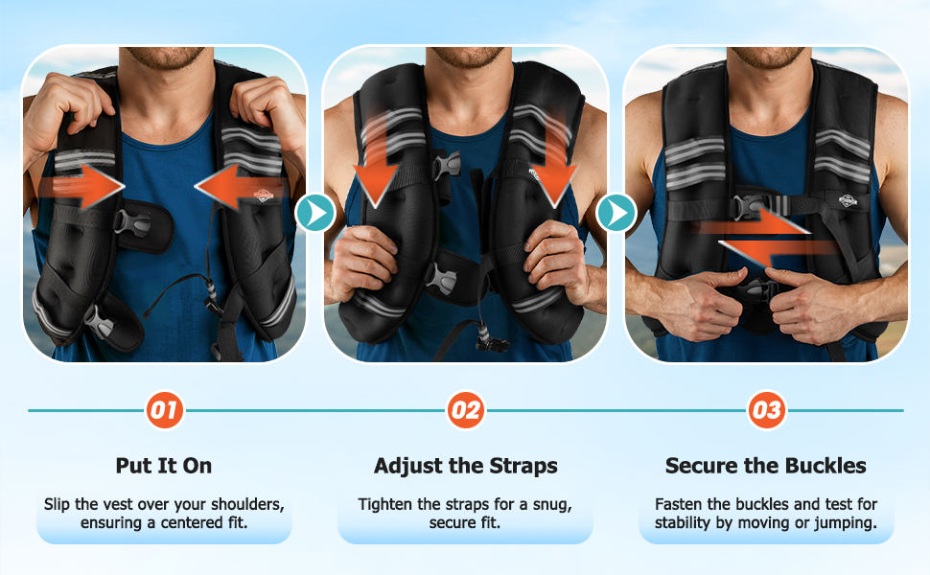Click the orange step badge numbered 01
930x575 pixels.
pos(164,410)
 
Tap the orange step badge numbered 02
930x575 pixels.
pos(466,410)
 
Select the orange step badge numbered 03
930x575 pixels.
pos(766,410)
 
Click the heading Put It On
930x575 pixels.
pos(164,466)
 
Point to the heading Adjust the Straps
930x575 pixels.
pos(466,466)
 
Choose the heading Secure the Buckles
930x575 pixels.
pos(766,466)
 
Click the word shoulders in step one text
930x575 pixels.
pos(247,504)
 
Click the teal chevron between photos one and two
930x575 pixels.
pos(314,212)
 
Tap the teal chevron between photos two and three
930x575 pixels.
pos(616,212)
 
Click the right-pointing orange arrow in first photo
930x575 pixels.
pos(81,187)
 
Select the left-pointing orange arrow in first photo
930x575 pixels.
pos(240,187)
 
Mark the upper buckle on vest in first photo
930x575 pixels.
pos(131,223)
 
